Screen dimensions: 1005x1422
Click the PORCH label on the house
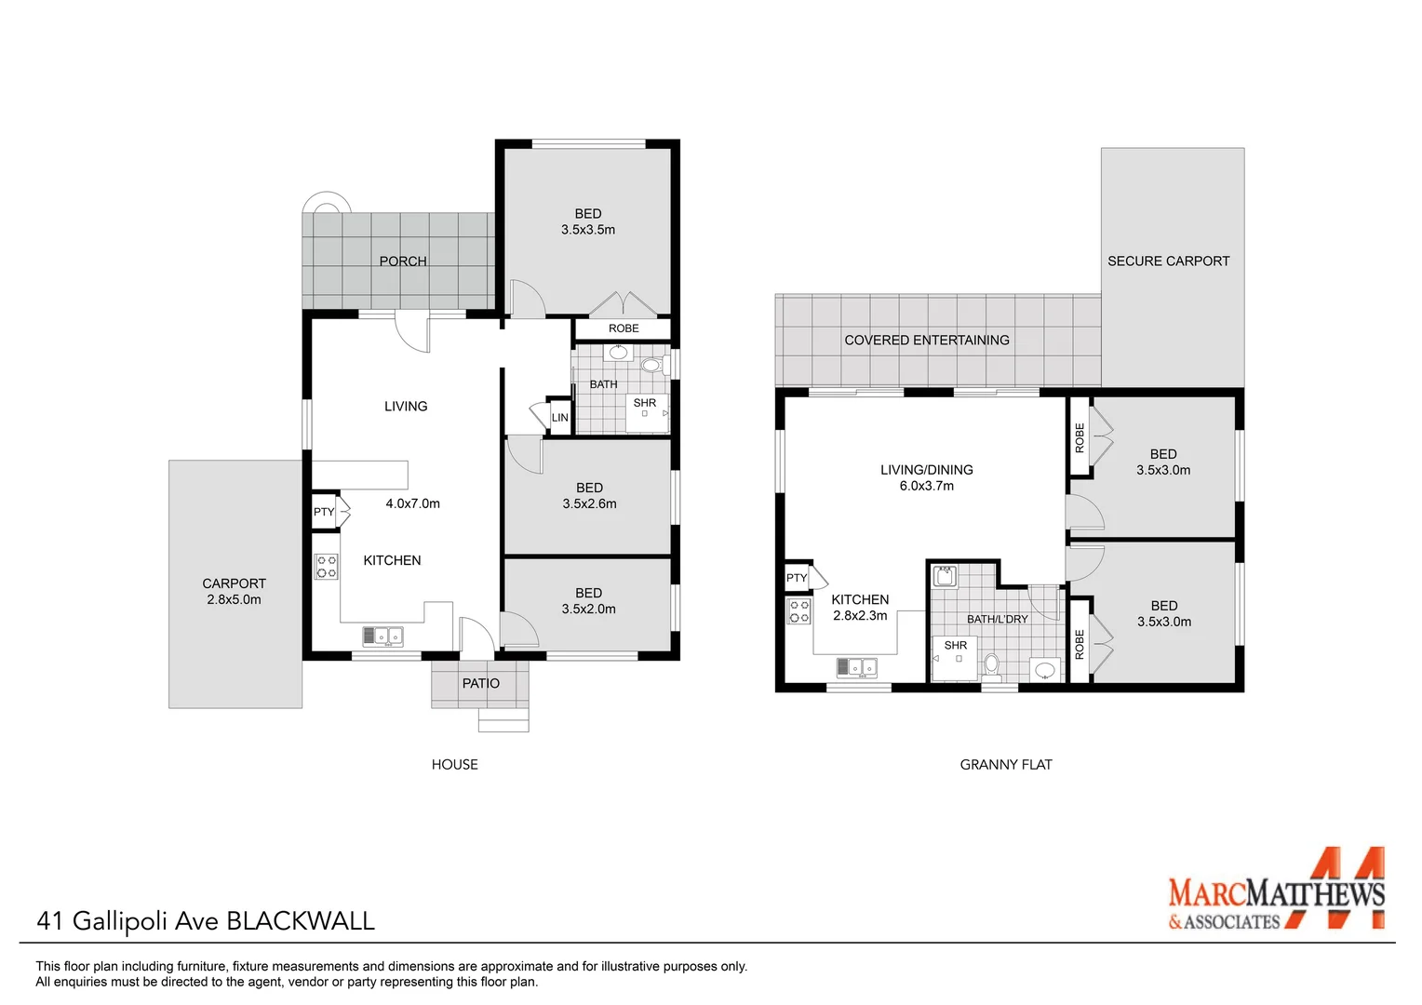[403, 261]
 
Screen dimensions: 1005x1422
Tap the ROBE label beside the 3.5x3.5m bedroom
[624, 328]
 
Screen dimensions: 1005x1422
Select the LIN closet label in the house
[560, 418]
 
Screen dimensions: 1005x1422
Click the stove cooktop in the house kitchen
[327, 567]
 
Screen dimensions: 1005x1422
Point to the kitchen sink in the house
[382, 636]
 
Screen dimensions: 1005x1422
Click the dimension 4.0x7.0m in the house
[412, 503]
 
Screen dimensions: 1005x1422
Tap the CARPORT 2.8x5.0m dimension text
[234, 600]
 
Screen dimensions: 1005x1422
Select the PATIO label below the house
[481, 683]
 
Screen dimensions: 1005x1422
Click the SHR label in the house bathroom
[645, 403]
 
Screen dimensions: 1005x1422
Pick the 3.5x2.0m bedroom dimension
[588, 610]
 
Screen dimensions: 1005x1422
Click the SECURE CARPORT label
[1168, 261]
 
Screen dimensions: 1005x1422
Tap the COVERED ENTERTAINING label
[926, 341]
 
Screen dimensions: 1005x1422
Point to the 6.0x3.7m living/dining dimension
[926, 486]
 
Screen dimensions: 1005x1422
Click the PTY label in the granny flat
[797, 578]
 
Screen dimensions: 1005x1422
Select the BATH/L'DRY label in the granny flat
[997, 619]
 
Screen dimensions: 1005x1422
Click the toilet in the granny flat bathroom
[991, 664]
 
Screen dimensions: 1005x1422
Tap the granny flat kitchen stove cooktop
[799, 611]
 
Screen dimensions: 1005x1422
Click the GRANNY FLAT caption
[1005, 765]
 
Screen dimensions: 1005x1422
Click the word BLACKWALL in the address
[301, 921]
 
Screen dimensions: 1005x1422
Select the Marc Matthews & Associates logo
[1276, 891]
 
